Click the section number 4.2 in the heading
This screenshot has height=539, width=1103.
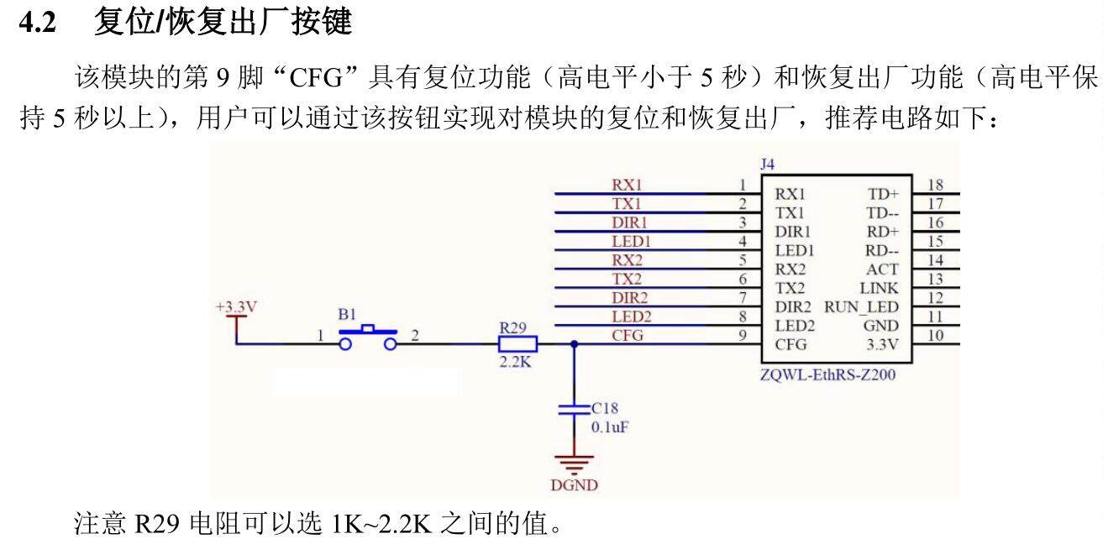(x=38, y=23)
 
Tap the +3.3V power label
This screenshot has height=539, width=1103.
(x=236, y=307)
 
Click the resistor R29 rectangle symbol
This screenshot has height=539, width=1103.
(x=517, y=343)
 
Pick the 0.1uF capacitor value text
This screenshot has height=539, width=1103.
(x=610, y=426)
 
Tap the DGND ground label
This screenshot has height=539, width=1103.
(x=575, y=485)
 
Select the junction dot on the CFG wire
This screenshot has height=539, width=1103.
(x=575, y=343)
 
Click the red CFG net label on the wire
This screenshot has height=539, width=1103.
(x=628, y=336)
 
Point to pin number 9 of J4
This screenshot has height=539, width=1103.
(x=743, y=336)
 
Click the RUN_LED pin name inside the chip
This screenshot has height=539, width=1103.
(x=861, y=307)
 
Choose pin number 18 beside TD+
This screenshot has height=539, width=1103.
(x=936, y=185)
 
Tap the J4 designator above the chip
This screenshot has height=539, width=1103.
(x=767, y=165)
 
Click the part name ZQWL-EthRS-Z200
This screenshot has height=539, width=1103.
(x=827, y=375)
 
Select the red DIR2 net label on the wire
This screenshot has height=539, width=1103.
(x=629, y=298)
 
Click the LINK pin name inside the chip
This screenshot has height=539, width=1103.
(x=880, y=288)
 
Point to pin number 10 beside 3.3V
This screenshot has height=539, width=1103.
(x=936, y=336)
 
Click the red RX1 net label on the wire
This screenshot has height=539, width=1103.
(x=627, y=186)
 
